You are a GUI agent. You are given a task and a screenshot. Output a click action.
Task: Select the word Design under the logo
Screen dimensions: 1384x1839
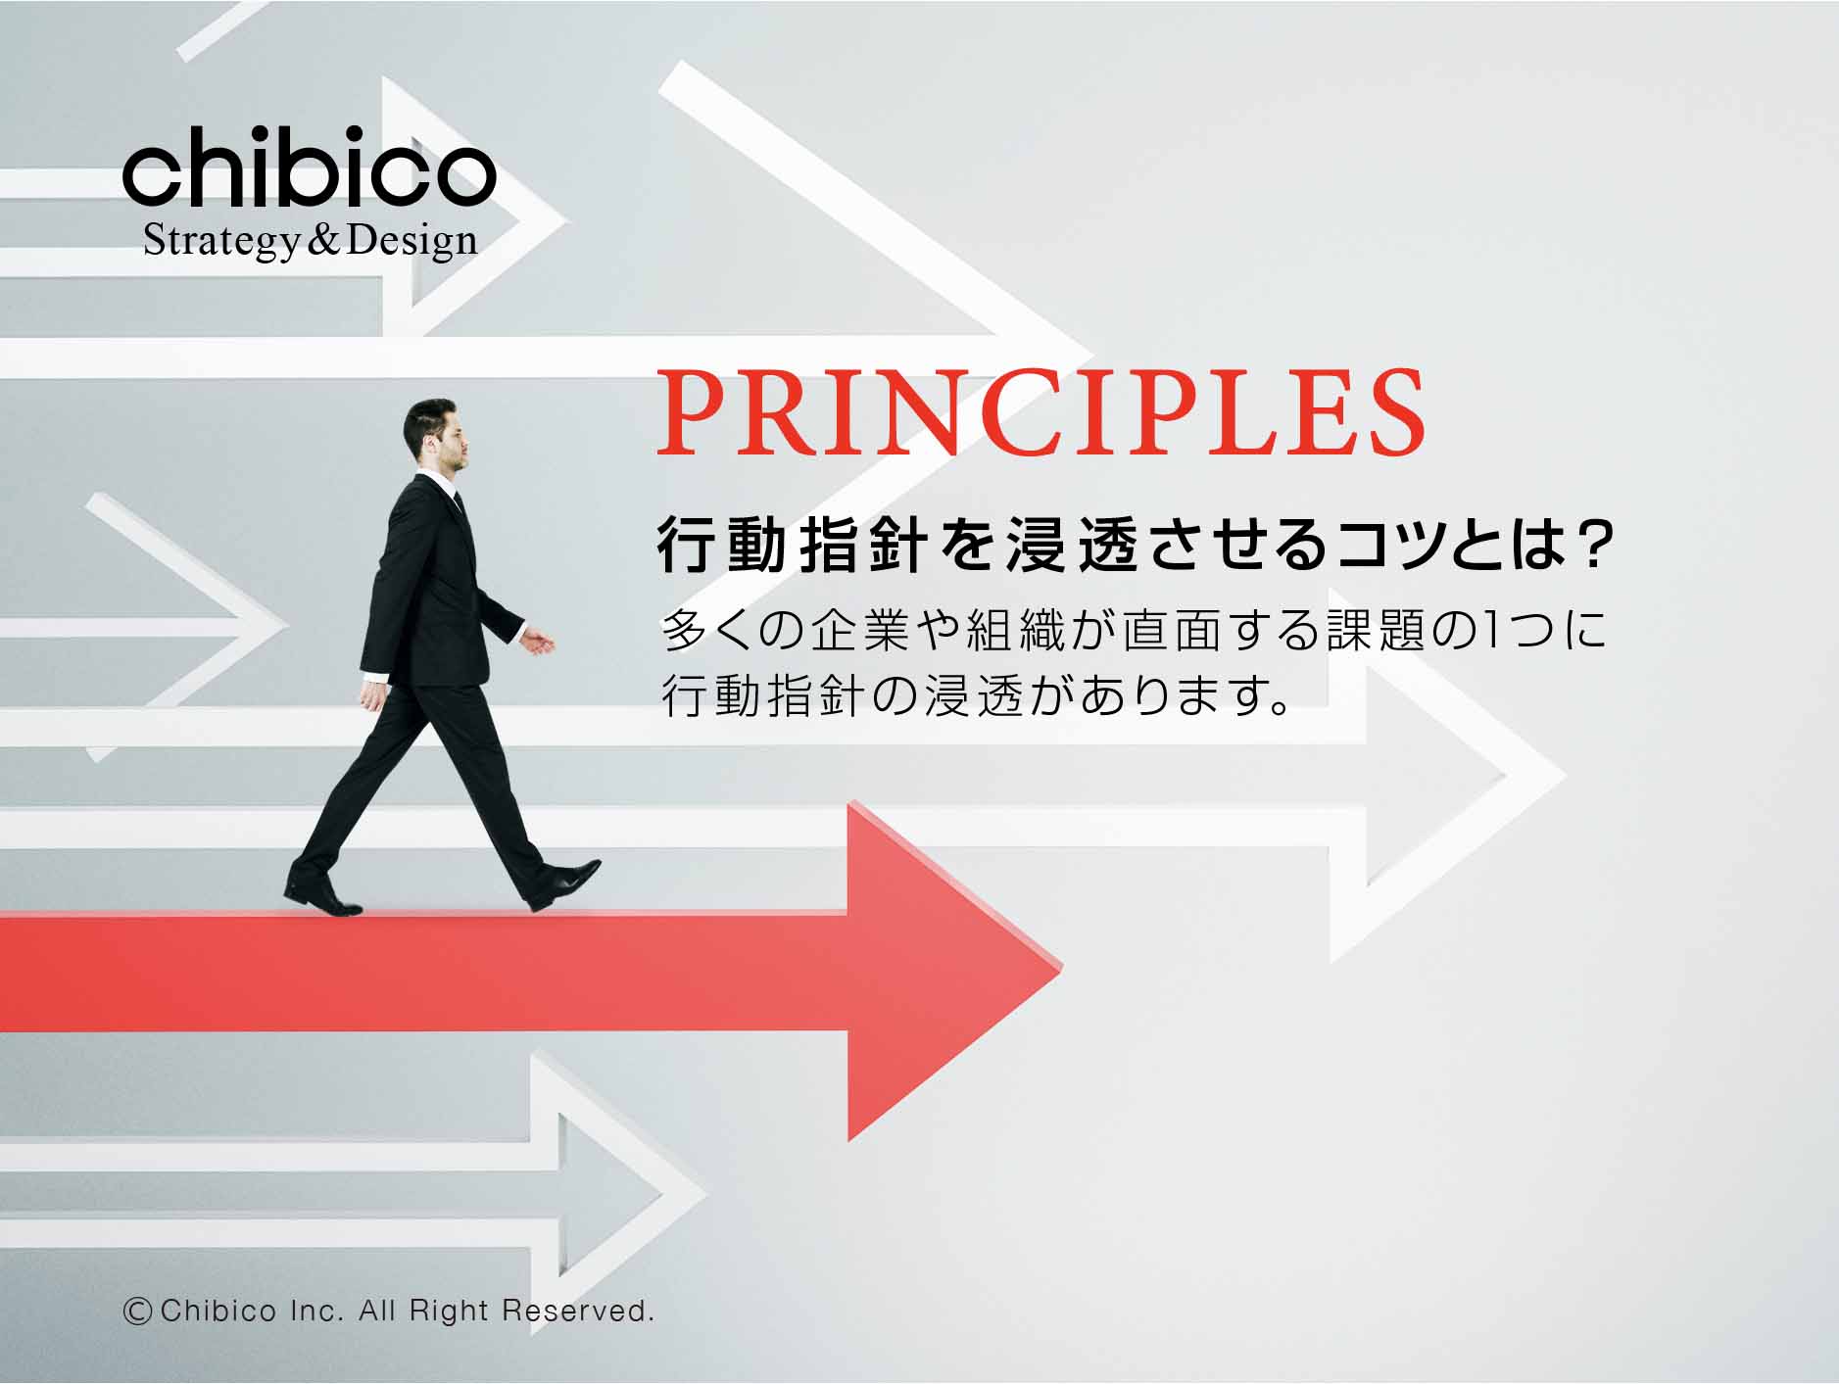[411, 241]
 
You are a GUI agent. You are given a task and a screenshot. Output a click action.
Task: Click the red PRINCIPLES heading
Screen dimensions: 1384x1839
[1040, 412]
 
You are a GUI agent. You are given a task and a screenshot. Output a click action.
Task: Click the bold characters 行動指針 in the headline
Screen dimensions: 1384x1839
[792, 548]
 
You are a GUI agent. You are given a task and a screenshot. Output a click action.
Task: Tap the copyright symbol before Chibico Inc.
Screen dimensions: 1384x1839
[137, 1311]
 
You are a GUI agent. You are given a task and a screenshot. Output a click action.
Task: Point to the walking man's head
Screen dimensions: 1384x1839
[436, 435]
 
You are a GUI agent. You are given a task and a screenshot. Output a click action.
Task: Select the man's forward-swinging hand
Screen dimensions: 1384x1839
[536, 642]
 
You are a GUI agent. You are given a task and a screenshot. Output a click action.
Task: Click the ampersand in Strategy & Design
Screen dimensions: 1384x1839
[320, 241]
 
